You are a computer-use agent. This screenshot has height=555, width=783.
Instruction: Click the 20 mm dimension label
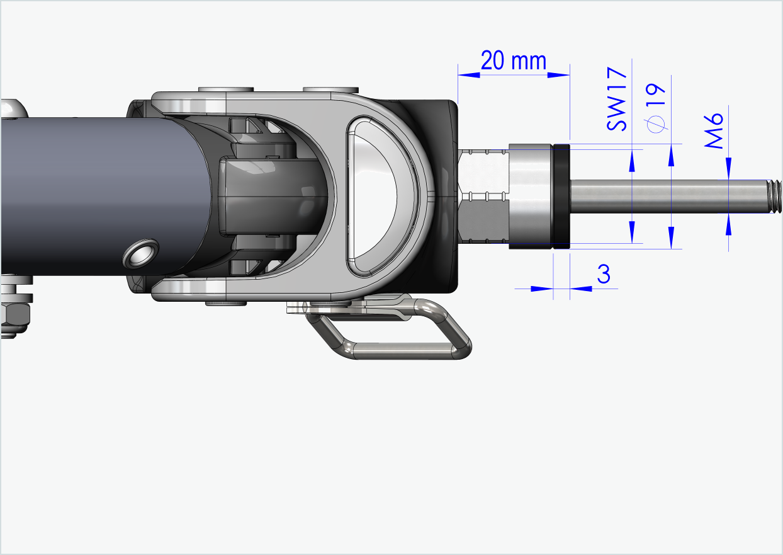point(513,61)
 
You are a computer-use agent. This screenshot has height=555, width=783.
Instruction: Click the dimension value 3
point(603,275)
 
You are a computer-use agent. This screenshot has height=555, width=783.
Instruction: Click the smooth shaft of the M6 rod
point(667,196)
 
